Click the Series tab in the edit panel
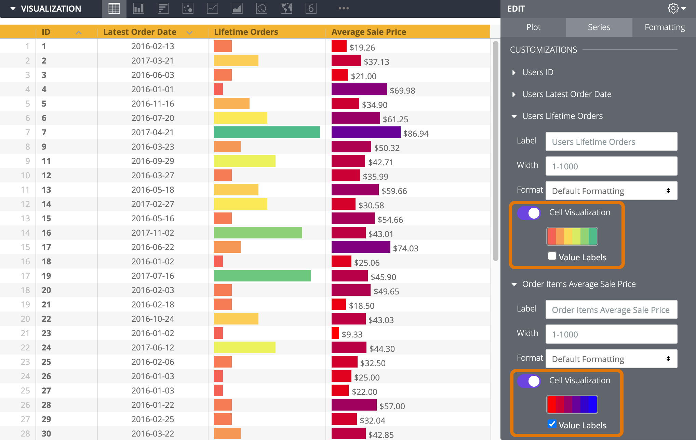tap(599, 27)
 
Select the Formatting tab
tap(664, 27)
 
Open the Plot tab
tap(533, 27)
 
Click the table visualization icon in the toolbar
tap(114, 9)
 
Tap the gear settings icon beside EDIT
tap(673, 9)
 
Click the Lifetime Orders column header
tap(246, 32)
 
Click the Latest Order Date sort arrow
tap(189, 33)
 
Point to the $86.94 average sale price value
tap(416, 134)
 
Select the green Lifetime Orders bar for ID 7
tap(267, 132)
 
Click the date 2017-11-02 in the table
tap(152, 233)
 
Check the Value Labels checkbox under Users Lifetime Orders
tap(552, 256)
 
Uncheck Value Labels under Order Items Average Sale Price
tap(552, 424)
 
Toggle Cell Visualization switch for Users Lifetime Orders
tap(529, 213)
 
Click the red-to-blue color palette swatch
tap(572, 404)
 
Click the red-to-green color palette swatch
tap(572, 236)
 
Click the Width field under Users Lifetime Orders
tap(611, 166)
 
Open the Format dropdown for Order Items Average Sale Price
tap(611, 359)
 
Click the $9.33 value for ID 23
tap(352, 334)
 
